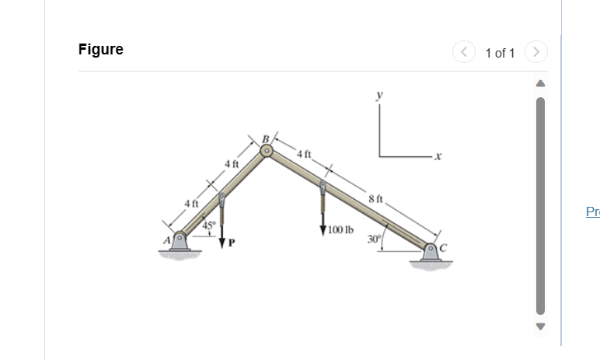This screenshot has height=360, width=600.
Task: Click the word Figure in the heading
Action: [x=101, y=50]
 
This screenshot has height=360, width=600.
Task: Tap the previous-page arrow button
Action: [x=463, y=52]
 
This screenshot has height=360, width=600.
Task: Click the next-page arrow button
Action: [x=537, y=52]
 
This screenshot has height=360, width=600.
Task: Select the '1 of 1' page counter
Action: [x=500, y=53]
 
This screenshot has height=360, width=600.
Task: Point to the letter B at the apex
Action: [x=265, y=139]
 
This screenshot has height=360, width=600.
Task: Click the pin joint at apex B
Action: [x=267, y=152]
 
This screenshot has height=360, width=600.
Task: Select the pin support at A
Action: [x=180, y=240]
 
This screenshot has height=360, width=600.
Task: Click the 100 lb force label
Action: [x=340, y=229]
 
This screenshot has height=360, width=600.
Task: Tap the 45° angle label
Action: [x=208, y=225]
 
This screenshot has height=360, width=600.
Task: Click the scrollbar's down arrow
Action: [x=538, y=325]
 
